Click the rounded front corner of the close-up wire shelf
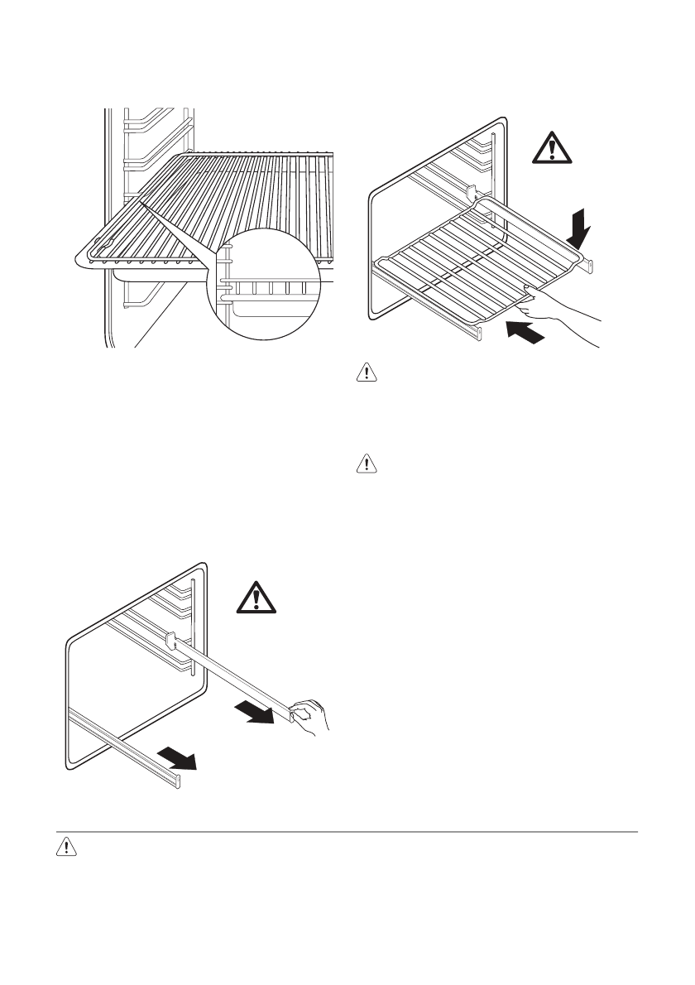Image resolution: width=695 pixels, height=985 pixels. coord(85,259)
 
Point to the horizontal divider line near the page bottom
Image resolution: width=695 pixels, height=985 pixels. coord(347,831)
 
